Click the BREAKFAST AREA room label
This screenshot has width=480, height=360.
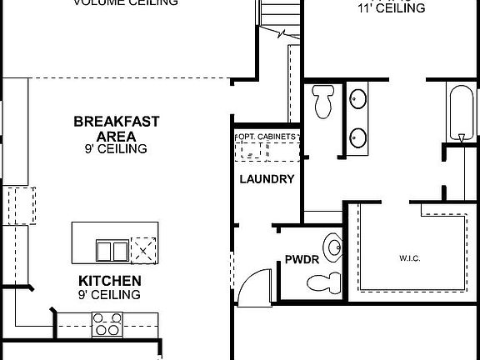(116, 128)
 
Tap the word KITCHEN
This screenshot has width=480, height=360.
(109, 281)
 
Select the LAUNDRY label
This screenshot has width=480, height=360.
(266, 178)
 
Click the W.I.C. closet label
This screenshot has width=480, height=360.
(408, 258)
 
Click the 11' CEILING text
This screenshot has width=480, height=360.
(391, 8)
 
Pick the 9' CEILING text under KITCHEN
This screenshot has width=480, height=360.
(109, 295)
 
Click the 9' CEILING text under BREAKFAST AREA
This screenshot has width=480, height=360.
(116, 149)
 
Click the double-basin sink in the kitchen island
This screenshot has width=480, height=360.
(112, 249)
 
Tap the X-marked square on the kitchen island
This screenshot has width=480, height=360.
(144, 249)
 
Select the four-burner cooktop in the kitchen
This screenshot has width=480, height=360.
(107, 323)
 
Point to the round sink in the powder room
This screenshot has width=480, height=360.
(333, 247)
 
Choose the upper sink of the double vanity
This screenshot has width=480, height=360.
(358, 98)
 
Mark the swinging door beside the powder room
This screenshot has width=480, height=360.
(252, 286)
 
